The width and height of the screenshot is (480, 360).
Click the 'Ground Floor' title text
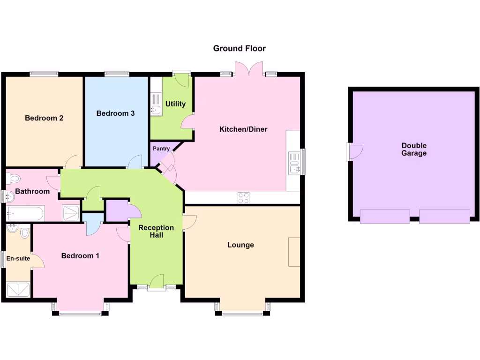(239, 48)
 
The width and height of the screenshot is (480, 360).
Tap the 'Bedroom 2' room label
(44, 118)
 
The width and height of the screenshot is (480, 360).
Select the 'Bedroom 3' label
(115, 113)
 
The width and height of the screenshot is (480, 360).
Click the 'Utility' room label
(175, 104)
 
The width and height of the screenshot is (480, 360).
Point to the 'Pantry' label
(161, 149)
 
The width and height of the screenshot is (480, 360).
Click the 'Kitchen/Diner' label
(243, 129)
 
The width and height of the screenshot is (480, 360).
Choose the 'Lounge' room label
(240, 245)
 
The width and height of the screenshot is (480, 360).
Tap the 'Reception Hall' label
(156, 231)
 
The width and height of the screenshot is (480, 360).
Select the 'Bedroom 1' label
(80, 256)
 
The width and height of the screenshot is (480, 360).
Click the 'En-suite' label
(18, 258)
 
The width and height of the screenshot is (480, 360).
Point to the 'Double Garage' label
(414, 150)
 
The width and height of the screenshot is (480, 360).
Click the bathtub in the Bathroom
(25, 214)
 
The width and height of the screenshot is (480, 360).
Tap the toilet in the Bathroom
(14, 178)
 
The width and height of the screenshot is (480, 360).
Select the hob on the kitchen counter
(243, 198)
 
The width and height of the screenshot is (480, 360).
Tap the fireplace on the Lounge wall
(294, 252)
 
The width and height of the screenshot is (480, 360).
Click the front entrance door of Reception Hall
(156, 283)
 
